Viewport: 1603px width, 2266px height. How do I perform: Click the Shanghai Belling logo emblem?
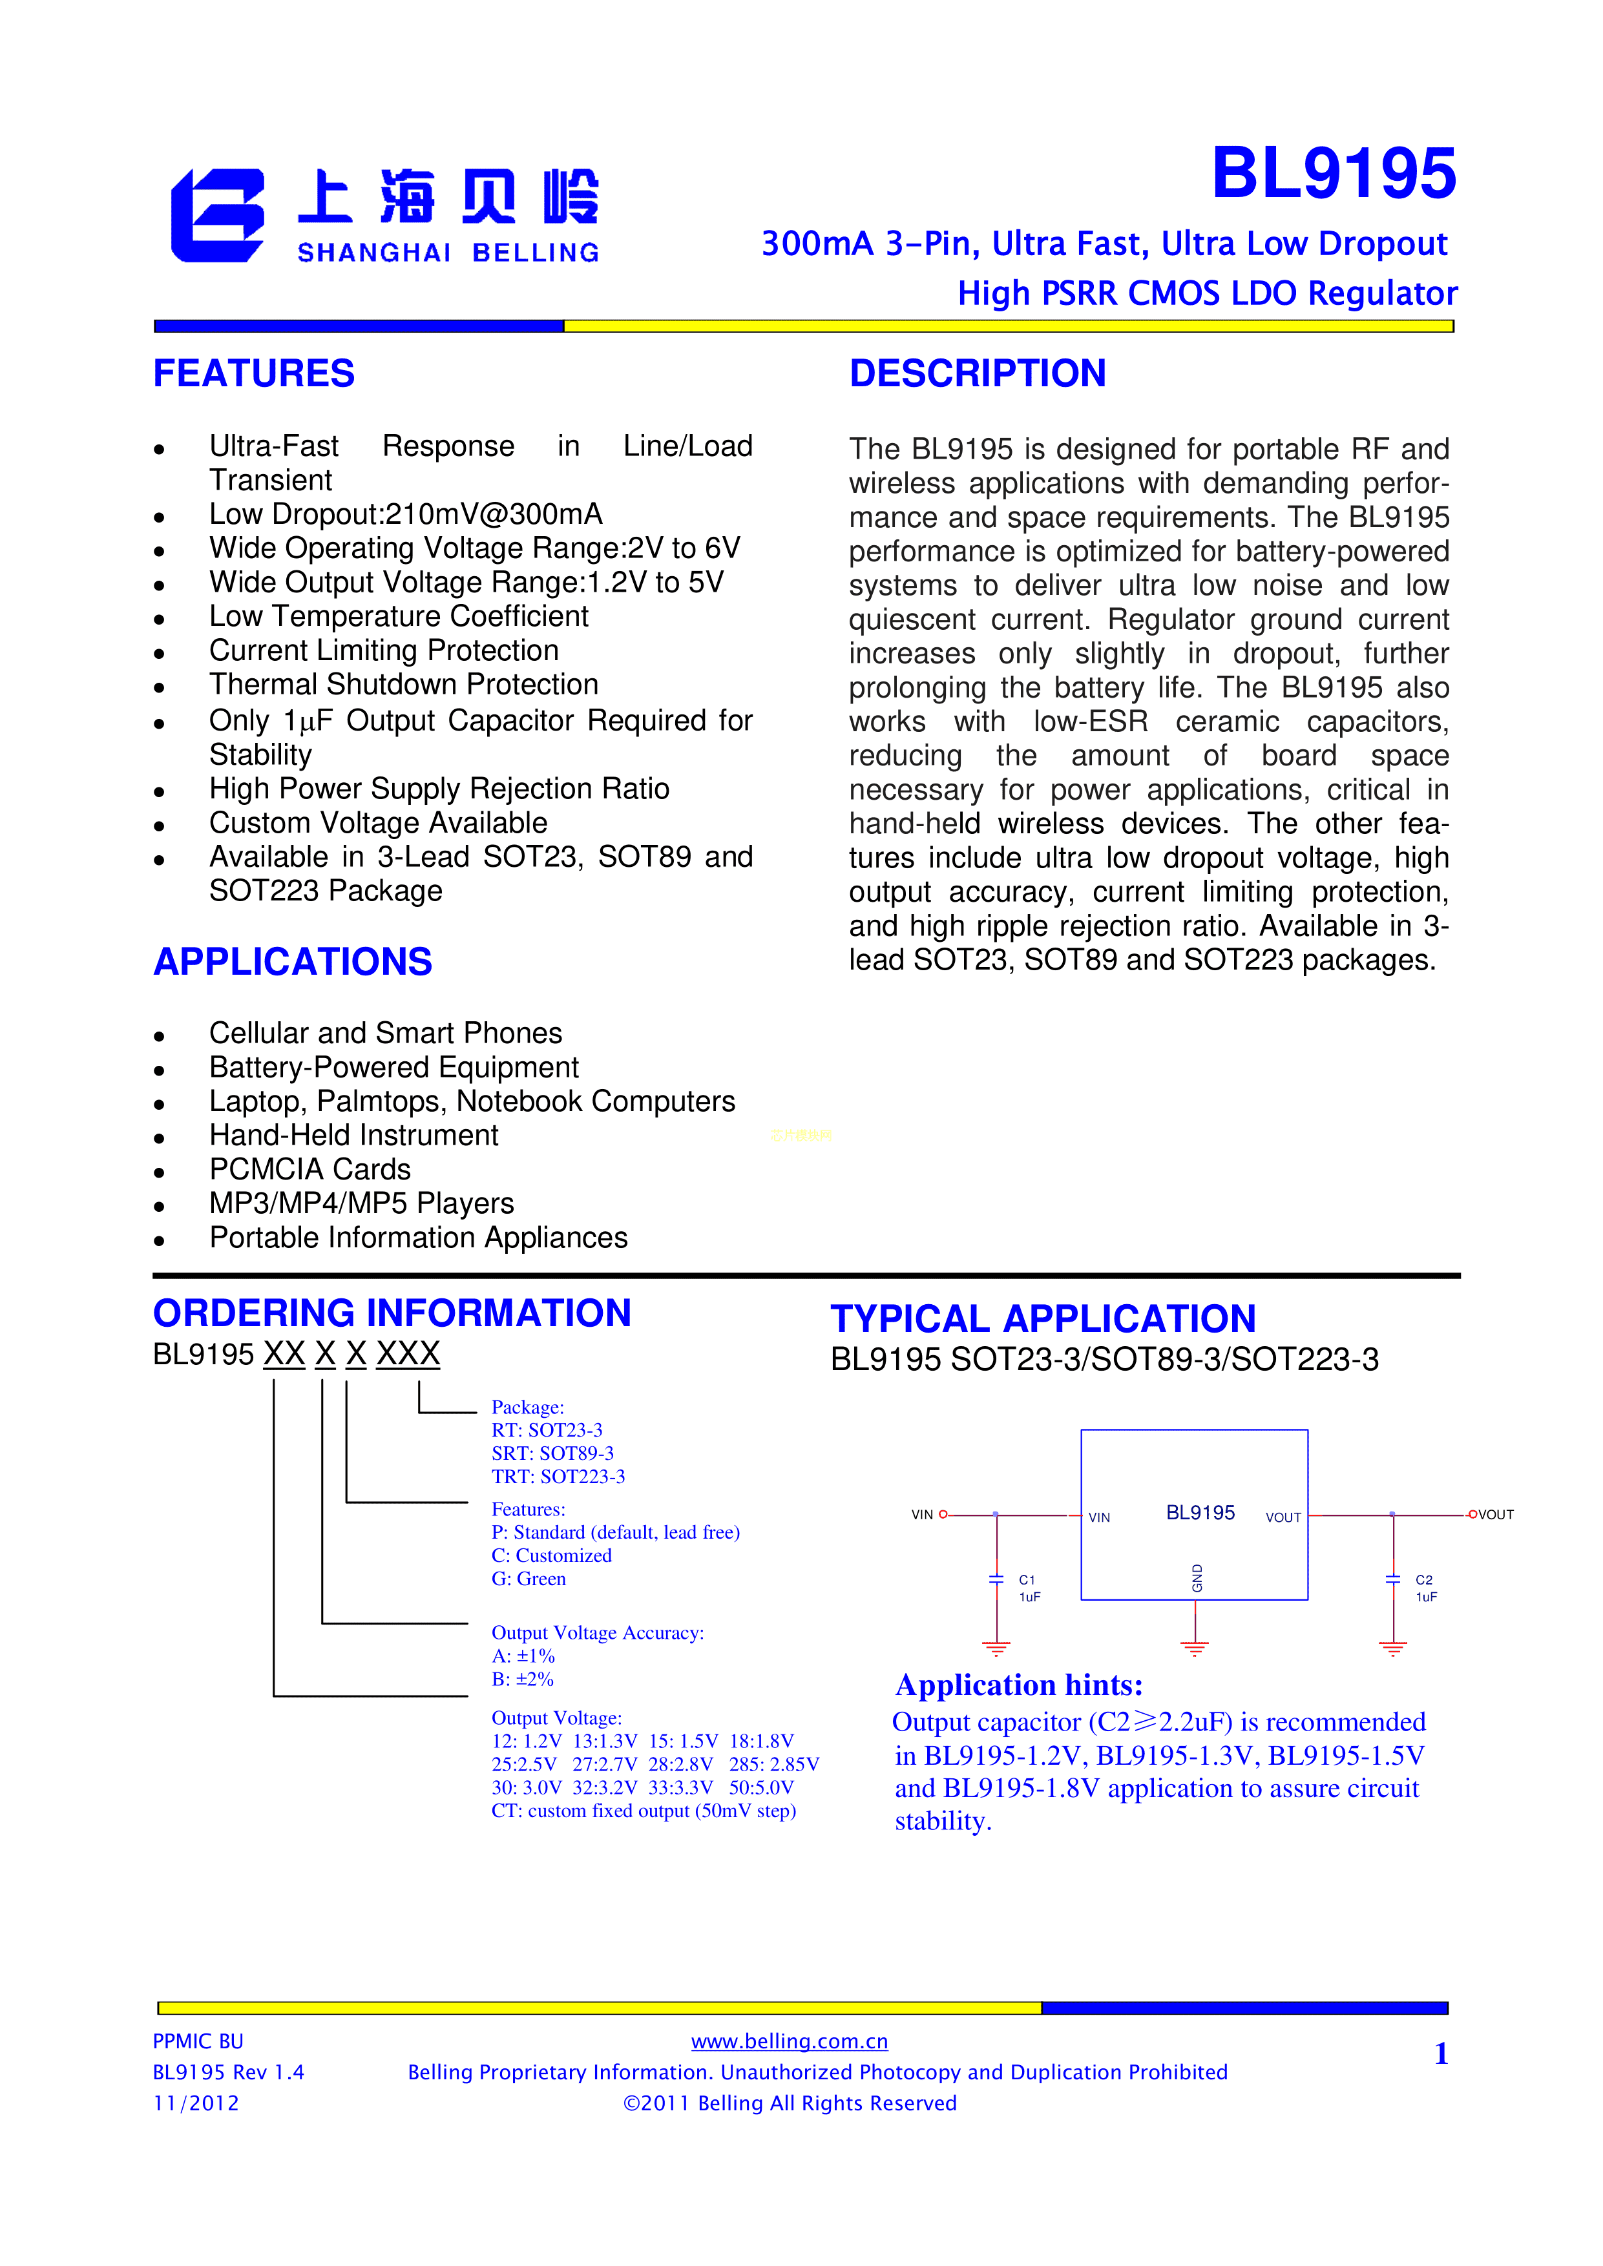217,215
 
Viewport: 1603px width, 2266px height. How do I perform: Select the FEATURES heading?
254,374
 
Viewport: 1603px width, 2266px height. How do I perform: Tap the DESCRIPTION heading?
977,374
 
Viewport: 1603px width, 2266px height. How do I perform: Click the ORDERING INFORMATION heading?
392,1314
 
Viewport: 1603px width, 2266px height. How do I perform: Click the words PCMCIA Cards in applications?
310,1170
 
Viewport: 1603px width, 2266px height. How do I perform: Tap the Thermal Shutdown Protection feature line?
404,685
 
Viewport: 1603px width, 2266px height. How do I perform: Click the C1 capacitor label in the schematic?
1027,1580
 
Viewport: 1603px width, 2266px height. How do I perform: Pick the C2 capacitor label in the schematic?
1423,1580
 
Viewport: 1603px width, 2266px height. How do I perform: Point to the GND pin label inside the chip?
1197,1577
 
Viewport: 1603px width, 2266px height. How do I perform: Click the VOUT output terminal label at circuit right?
1495,1515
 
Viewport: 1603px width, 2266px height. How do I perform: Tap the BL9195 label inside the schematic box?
1200,1513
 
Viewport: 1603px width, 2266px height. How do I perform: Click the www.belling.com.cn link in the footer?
789,2042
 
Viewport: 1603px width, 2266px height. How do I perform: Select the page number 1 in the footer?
1440,2054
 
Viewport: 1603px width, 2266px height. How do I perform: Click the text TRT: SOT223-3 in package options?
558,1477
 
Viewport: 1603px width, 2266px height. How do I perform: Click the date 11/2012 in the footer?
195,2103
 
